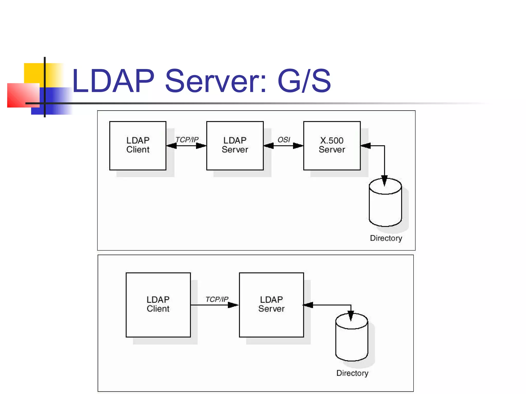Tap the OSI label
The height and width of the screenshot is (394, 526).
[x=284, y=140]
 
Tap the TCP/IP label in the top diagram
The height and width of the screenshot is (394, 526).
[x=187, y=140]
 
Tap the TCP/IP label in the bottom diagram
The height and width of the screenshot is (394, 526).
[x=217, y=299]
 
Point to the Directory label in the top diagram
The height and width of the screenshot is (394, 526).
[x=386, y=238]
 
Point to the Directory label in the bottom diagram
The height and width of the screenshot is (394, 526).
[x=352, y=373]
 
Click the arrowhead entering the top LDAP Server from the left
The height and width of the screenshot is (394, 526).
[x=201, y=146]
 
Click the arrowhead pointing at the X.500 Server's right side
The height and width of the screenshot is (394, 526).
[x=366, y=146]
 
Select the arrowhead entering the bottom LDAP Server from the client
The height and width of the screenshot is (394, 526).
[x=233, y=305]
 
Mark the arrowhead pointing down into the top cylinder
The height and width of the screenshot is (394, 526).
[x=384, y=181]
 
